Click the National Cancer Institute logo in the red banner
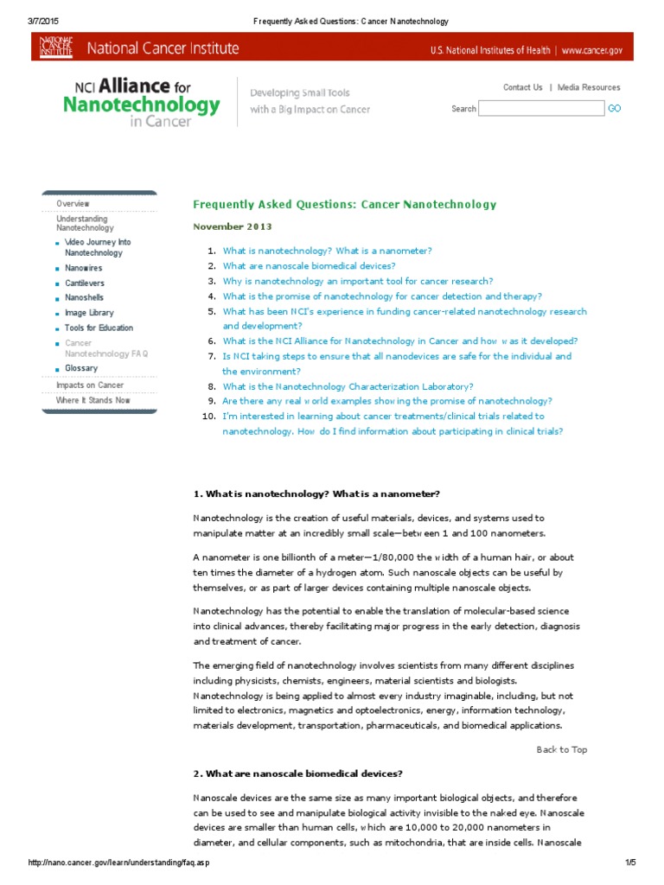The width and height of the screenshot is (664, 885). point(56,48)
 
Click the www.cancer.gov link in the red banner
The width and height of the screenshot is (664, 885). point(591,50)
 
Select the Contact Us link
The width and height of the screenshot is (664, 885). point(522,87)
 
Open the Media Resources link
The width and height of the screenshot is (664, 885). point(589,87)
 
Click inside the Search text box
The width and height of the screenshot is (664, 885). point(541,108)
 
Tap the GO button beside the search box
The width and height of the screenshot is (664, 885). point(614,109)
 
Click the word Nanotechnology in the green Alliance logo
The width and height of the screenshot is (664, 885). point(141,105)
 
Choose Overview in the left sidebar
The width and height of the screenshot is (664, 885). point(73,203)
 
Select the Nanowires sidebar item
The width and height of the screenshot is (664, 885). point(83,268)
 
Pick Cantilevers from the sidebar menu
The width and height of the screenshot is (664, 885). point(84,283)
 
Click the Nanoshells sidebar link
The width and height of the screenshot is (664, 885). point(84,297)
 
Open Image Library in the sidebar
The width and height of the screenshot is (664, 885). point(89,312)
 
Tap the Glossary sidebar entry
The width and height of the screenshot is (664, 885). point(81,368)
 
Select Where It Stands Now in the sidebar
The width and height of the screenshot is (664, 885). point(93,400)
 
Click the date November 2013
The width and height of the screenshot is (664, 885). point(232,226)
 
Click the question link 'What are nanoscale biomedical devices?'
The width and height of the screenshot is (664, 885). point(309,265)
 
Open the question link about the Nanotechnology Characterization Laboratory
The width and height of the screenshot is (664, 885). point(348,386)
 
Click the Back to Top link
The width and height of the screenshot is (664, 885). point(561,749)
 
